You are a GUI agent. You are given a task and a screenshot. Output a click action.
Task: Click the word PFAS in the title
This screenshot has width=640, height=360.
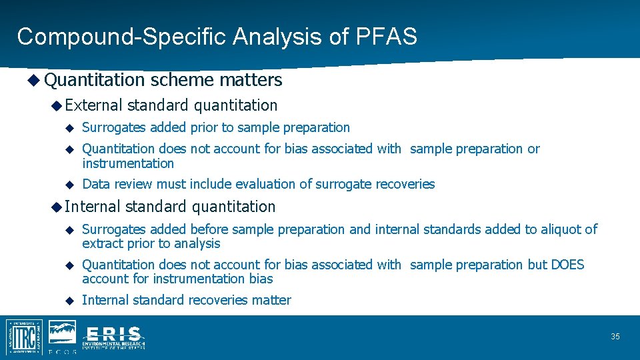pyautogui.click(x=390, y=36)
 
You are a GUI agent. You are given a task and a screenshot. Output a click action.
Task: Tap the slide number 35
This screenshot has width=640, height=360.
pyautogui.click(x=615, y=337)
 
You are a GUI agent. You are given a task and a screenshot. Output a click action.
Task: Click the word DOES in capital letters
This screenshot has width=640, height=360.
pyautogui.click(x=567, y=265)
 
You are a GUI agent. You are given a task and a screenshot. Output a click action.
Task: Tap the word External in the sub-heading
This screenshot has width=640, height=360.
pyautogui.click(x=94, y=105)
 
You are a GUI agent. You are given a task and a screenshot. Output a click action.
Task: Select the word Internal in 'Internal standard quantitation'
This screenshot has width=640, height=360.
pyautogui.click(x=93, y=207)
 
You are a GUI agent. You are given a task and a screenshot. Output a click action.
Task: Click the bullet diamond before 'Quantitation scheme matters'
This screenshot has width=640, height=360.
pyautogui.click(x=34, y=80)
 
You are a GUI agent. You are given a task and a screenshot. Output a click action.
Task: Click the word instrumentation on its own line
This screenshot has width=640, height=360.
pyautogui.click(x=128, y=163)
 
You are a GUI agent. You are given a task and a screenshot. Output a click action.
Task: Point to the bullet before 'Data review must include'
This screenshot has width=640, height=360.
pyautogui.click(x=68, y=184)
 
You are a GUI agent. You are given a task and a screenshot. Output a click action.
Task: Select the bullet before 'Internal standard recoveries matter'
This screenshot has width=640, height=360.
pyautogui.click(x=68, y=300)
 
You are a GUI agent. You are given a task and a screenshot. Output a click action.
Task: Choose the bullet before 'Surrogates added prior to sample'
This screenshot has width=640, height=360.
pyautogui.click(x=68, y=127)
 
